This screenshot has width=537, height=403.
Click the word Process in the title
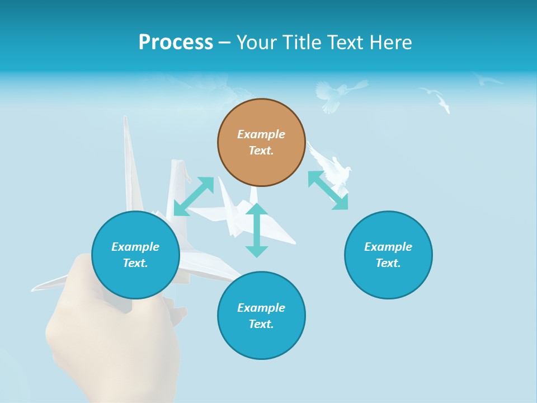[176, 43]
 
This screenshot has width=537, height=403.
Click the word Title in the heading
[299, 43]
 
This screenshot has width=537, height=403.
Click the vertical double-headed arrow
[257, 230]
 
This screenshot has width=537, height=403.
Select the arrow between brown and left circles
[194, 196]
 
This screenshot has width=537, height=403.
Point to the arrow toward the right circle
[328, 190]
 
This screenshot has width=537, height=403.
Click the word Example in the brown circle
[261, 134]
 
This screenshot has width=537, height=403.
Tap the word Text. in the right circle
[388, 263]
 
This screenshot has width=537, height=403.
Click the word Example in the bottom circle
[261, 308]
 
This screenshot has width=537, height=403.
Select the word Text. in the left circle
[135, 263]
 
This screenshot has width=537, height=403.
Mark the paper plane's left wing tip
[37, 288]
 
